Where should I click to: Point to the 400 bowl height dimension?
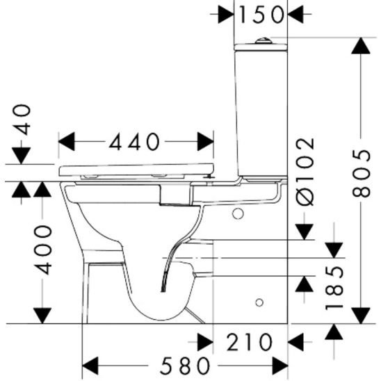[43, 249]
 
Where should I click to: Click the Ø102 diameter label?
[305, 171]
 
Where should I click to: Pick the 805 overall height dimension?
[360, 172]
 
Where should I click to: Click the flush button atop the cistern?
[261, 40]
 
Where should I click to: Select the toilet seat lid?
[136, 169]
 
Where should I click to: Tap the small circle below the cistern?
[238, 214]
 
